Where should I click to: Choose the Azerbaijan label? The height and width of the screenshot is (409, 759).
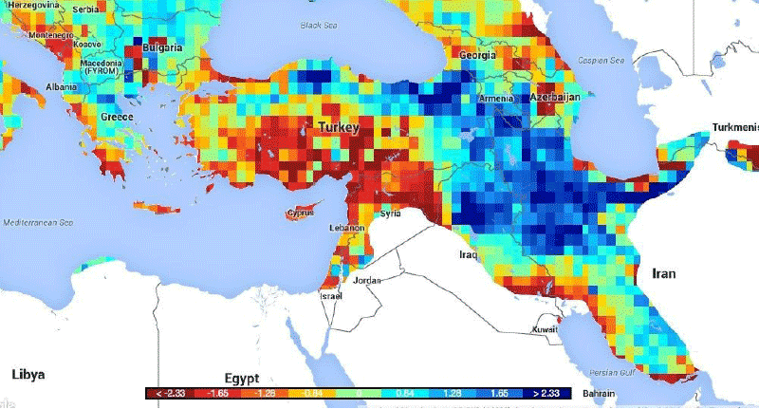point(554,99)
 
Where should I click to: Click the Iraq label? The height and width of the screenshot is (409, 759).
point(468,254)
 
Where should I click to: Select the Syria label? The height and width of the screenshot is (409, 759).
point(391,214)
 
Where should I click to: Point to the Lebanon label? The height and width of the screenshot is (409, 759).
point(348,230)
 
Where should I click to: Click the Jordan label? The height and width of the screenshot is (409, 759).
point(367,281)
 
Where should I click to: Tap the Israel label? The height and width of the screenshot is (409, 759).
point(329,297)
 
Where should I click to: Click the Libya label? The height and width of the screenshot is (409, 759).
point(28,374)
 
